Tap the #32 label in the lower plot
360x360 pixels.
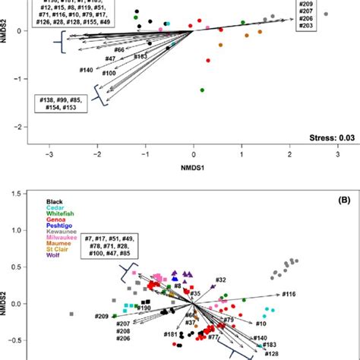(220, 280)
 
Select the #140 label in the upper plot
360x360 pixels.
(86, 70)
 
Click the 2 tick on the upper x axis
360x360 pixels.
(290, 156)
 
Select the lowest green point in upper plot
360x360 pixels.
(202, 90)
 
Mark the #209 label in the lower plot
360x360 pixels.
(102, 315)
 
